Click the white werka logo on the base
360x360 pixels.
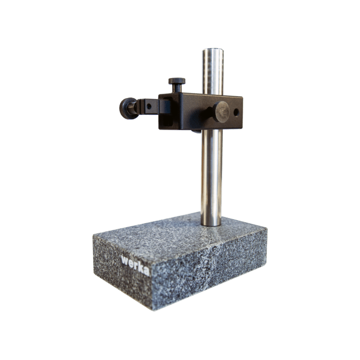(135, 265)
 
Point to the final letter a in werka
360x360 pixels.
(146, 271)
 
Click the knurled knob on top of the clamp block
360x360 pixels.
(177, 81)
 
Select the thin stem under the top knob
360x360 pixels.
(177, 88)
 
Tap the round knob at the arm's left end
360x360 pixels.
(128, 108)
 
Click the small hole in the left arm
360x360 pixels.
(149, 106)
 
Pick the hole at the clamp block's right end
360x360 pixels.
(236, 112)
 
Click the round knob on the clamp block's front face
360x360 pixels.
(221, 112)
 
